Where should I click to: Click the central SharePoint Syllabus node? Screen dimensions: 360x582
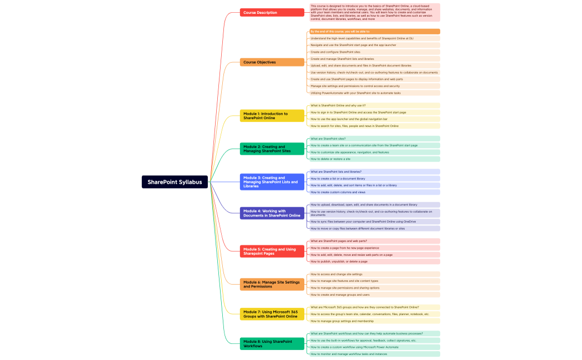click(175, 182)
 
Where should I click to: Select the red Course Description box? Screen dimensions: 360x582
click(272, 12)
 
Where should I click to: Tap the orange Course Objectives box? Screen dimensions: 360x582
click(272, 62)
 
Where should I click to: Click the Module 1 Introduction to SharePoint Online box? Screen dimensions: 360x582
click(272, 116)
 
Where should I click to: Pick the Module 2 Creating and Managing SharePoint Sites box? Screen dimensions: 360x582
click(272, 148)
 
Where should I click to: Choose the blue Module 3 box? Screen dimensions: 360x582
click(272, 182)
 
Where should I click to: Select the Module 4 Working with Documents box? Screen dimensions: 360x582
click(272, 213)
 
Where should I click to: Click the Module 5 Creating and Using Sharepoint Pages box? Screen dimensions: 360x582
click(272, 251)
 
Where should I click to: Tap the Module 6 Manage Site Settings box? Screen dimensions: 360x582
click(272, 284)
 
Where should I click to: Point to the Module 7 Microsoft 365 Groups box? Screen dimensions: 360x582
click(272, 314)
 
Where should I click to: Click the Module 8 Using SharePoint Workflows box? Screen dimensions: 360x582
click(272, 343)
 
